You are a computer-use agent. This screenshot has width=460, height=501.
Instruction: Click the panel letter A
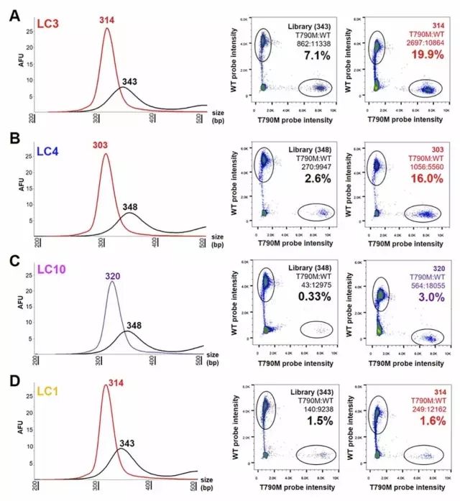14,14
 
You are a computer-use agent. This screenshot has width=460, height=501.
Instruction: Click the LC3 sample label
49,24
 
